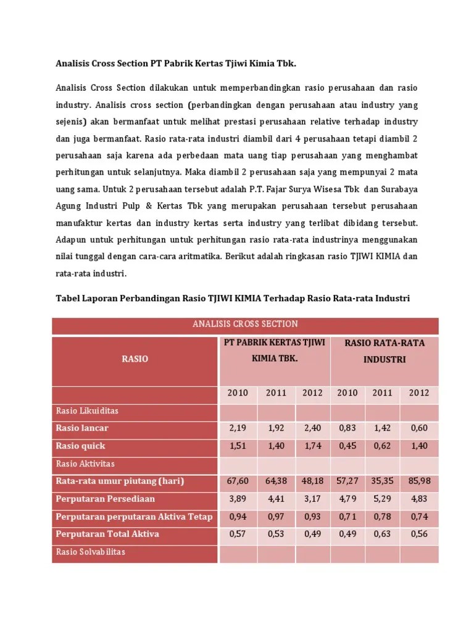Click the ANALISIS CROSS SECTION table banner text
coord(245,324)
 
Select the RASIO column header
coord(135,359)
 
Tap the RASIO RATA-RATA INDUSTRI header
coord(384,351)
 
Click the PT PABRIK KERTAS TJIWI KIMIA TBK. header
coord(275,350)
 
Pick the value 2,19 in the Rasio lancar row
coord(238,428)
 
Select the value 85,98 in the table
coord(419,481)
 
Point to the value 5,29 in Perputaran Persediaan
coord(382,499)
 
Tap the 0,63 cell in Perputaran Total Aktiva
coord(382,534)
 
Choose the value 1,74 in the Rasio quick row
coord(313,446)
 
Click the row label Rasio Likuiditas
coord(87,410)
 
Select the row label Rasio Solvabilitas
coord(90,551)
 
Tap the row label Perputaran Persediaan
coord(106,499)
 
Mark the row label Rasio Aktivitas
coord(85,463)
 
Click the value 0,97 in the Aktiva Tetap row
coord(276,517)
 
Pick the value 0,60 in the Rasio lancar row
coord(419,428)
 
